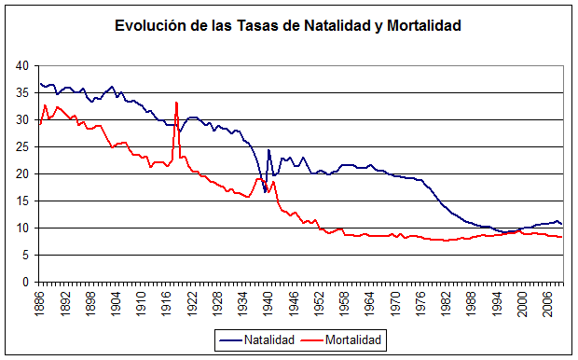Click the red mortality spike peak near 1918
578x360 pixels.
point(175,103)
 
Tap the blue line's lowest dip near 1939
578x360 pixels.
point(265,192)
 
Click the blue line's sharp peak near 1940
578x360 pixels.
point(268,150)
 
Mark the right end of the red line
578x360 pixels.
point(562,237)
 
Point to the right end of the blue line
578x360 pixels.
point(562,225)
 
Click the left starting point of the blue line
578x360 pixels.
point(40,84)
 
